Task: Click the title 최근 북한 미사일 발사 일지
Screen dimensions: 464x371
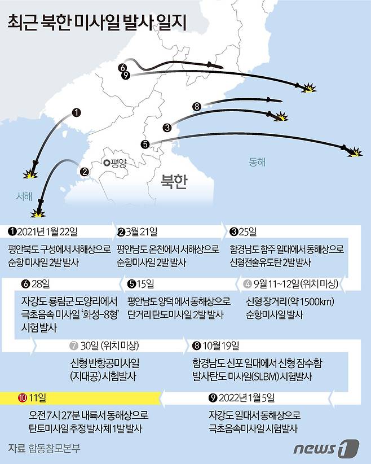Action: coord(97,22)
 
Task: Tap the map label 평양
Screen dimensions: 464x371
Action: coord(119,163)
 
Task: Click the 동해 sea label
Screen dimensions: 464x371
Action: coord(257,161)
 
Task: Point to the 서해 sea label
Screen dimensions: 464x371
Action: coord(24,196)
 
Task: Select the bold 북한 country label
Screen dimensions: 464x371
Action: coord(173,181)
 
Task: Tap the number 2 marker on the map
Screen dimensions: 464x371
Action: coord(84,172)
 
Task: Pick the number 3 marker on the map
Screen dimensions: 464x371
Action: coord(167,128)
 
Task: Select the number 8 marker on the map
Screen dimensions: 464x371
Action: coord(196,106)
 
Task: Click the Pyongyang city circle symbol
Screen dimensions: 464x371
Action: coord(106,163)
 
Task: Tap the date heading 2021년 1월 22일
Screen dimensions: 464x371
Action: coord(47,231)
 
